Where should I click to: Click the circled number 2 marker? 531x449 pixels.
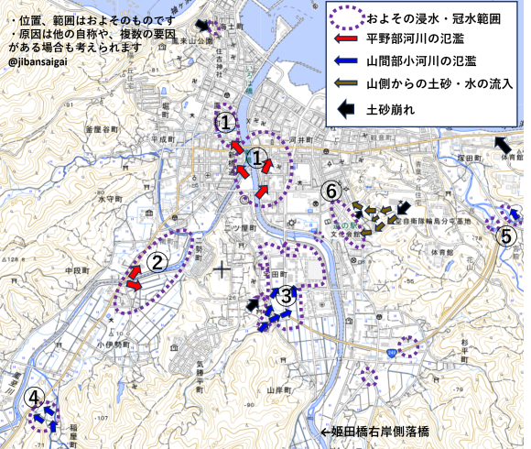pos(157,263)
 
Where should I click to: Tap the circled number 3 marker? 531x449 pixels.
pos(287,295)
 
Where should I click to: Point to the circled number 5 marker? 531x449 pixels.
pos(506,235)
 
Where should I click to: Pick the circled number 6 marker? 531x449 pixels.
pos(333,191)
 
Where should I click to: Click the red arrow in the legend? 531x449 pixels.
pos(347,38)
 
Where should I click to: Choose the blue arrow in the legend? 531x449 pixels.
pos(347,61)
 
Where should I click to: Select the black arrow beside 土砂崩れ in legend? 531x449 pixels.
pos(347,108)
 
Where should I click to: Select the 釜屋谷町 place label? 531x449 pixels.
pos(103,130)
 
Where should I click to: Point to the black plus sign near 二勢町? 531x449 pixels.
pos(222,268)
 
